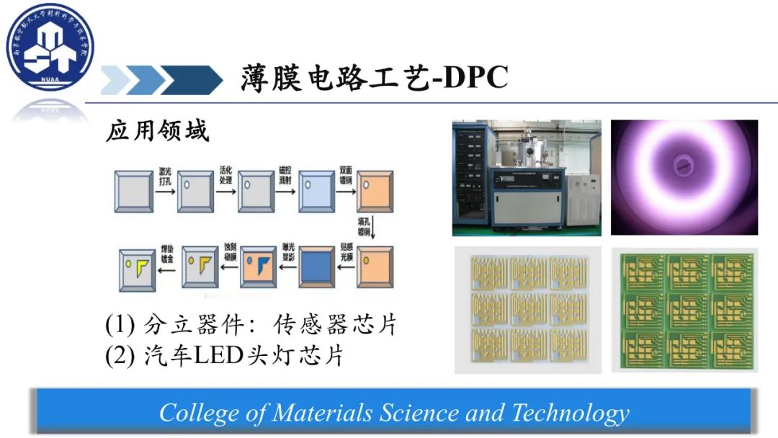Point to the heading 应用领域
tap(157, 132)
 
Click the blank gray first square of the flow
tap(134, 191)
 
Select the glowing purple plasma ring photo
tap(684, 177)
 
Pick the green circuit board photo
tap(684, 310)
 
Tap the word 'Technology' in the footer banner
tap(570, 413)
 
